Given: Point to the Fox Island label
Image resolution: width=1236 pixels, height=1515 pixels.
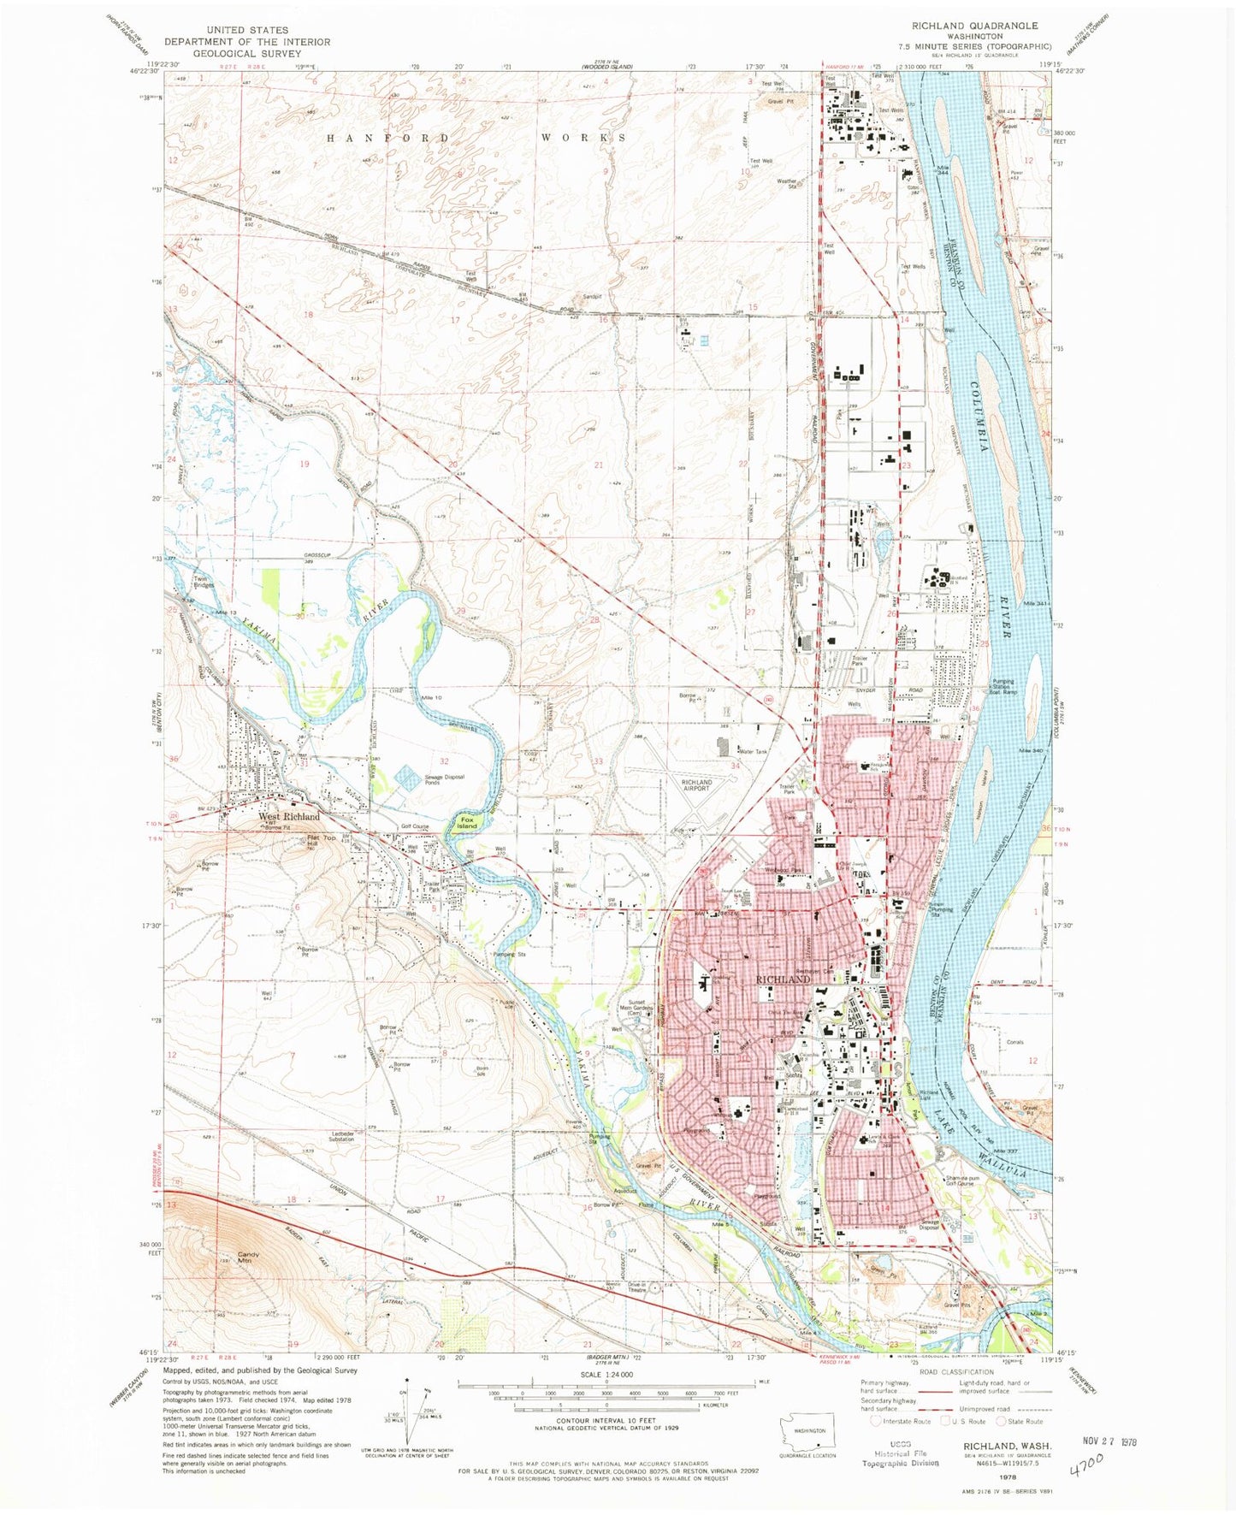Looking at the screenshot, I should [467, 822].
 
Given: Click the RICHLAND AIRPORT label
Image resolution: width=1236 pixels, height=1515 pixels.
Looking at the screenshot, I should [696, 784].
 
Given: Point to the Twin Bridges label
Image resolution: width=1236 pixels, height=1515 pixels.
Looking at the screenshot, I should [204, 583].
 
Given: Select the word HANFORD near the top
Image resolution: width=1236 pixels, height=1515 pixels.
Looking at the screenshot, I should [388, 138].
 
